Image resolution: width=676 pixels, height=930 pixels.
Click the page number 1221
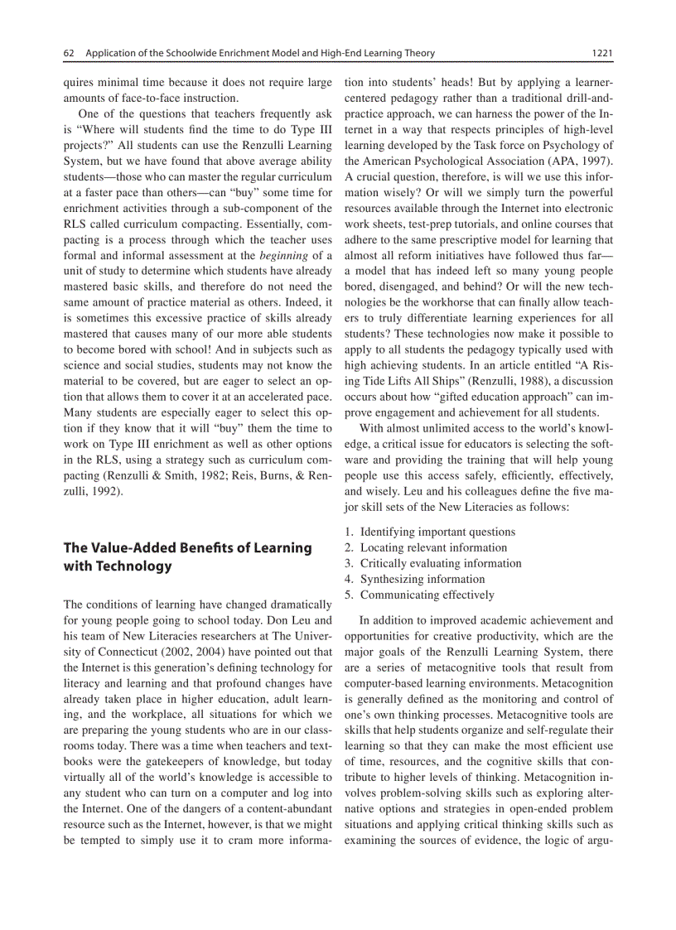[601, 54]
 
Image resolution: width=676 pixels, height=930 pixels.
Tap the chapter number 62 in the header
[70, 54]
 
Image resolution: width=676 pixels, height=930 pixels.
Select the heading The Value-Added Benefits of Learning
[188, 547]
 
